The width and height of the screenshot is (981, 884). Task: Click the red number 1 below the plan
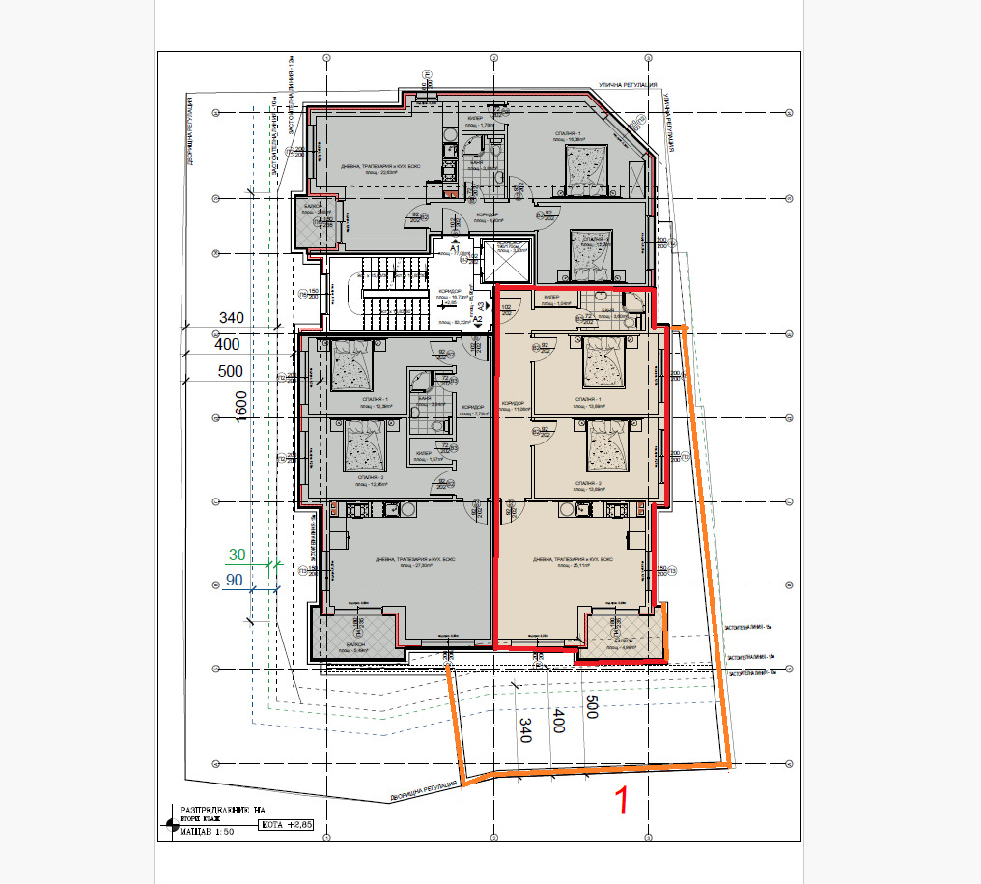[x=624, y=801]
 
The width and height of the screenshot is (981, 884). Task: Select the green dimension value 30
[x=237, y=555]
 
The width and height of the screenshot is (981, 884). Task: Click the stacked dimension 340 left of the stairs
[x=232, y=317]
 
